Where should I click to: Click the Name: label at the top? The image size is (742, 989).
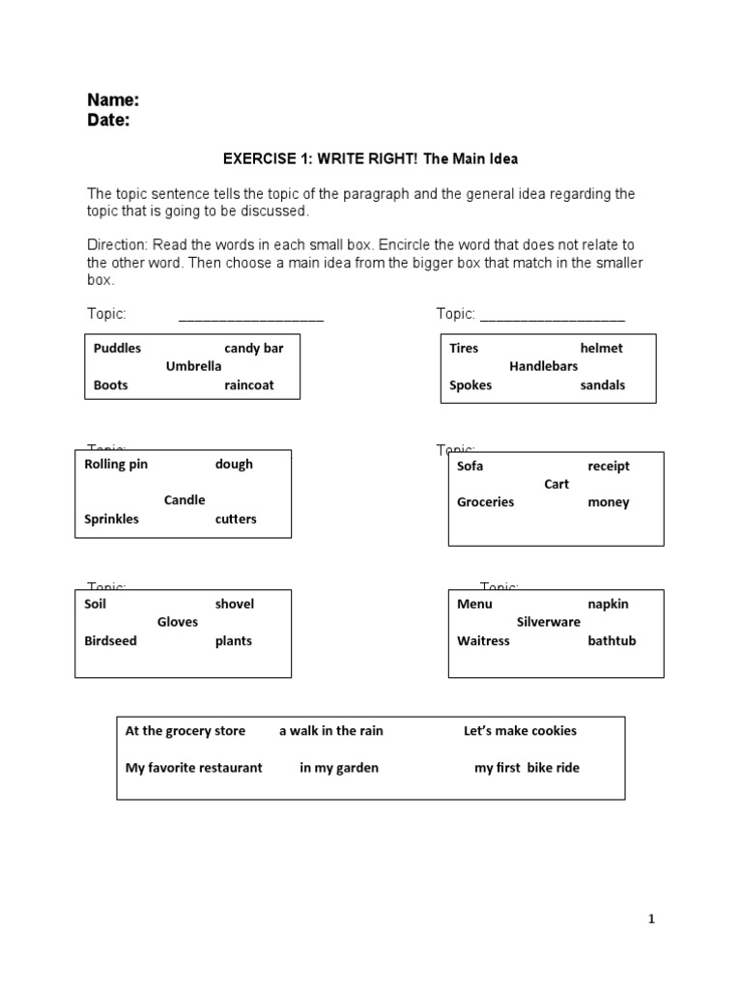(113, 100)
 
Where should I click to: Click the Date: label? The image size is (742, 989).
(108, 121)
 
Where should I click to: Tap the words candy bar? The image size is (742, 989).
(253, 348)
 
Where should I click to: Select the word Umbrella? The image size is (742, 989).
(193, 366)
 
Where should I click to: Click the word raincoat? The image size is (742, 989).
(248, 384)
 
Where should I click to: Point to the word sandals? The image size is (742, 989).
(602, 384)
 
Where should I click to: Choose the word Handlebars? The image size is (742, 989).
(543, 366)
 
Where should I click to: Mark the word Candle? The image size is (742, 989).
(185, 500)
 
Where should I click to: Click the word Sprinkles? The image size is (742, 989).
(111, 519)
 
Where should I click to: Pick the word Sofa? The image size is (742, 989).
(470, 466)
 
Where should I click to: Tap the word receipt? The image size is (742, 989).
(608, 466)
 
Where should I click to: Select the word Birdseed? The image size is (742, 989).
(110, 640)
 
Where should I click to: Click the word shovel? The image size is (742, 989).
(234, 604)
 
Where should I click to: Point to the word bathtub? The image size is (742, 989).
(612, 640)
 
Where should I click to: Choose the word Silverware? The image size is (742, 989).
(548, 622)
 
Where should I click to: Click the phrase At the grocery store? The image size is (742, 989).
(185, 731)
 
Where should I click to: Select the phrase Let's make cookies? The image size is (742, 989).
(520, 731)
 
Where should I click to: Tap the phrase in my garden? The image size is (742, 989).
(338, 768)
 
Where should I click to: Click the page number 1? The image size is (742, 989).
(651, 919)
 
